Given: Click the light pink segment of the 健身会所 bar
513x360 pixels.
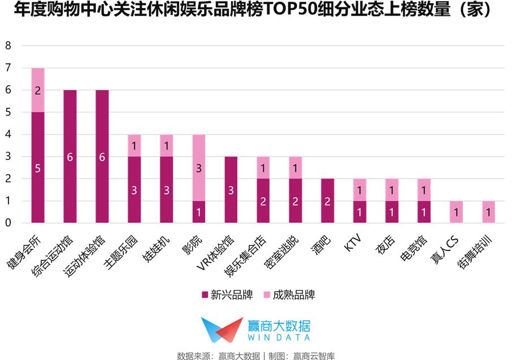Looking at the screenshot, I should pos(38,90).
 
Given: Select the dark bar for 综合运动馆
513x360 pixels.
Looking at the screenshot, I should pos(70,157).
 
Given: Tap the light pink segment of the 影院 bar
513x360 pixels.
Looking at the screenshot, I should pos(199,168).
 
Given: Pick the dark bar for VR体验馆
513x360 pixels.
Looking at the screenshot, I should pos(231,190).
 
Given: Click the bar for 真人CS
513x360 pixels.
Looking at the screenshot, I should pos(456,212).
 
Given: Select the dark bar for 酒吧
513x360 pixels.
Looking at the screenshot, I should pos(328,201).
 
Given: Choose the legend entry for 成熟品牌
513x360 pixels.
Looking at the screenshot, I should pos(288,294).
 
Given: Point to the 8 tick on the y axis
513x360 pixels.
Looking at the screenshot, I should pos(8,46).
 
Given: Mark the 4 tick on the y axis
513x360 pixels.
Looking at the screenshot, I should pos(8,135).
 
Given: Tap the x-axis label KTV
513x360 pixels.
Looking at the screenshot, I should pos(353,242).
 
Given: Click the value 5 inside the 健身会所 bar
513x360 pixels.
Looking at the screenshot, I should pos(38,168).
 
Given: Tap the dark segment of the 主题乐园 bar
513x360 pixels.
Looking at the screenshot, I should pos(134,190).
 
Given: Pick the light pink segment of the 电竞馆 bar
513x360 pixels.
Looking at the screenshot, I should pos(424,190).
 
